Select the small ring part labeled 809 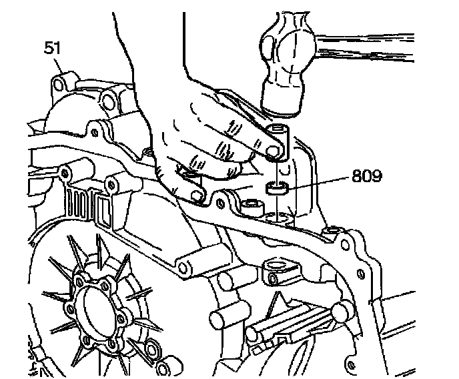278,187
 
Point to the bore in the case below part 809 280,217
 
